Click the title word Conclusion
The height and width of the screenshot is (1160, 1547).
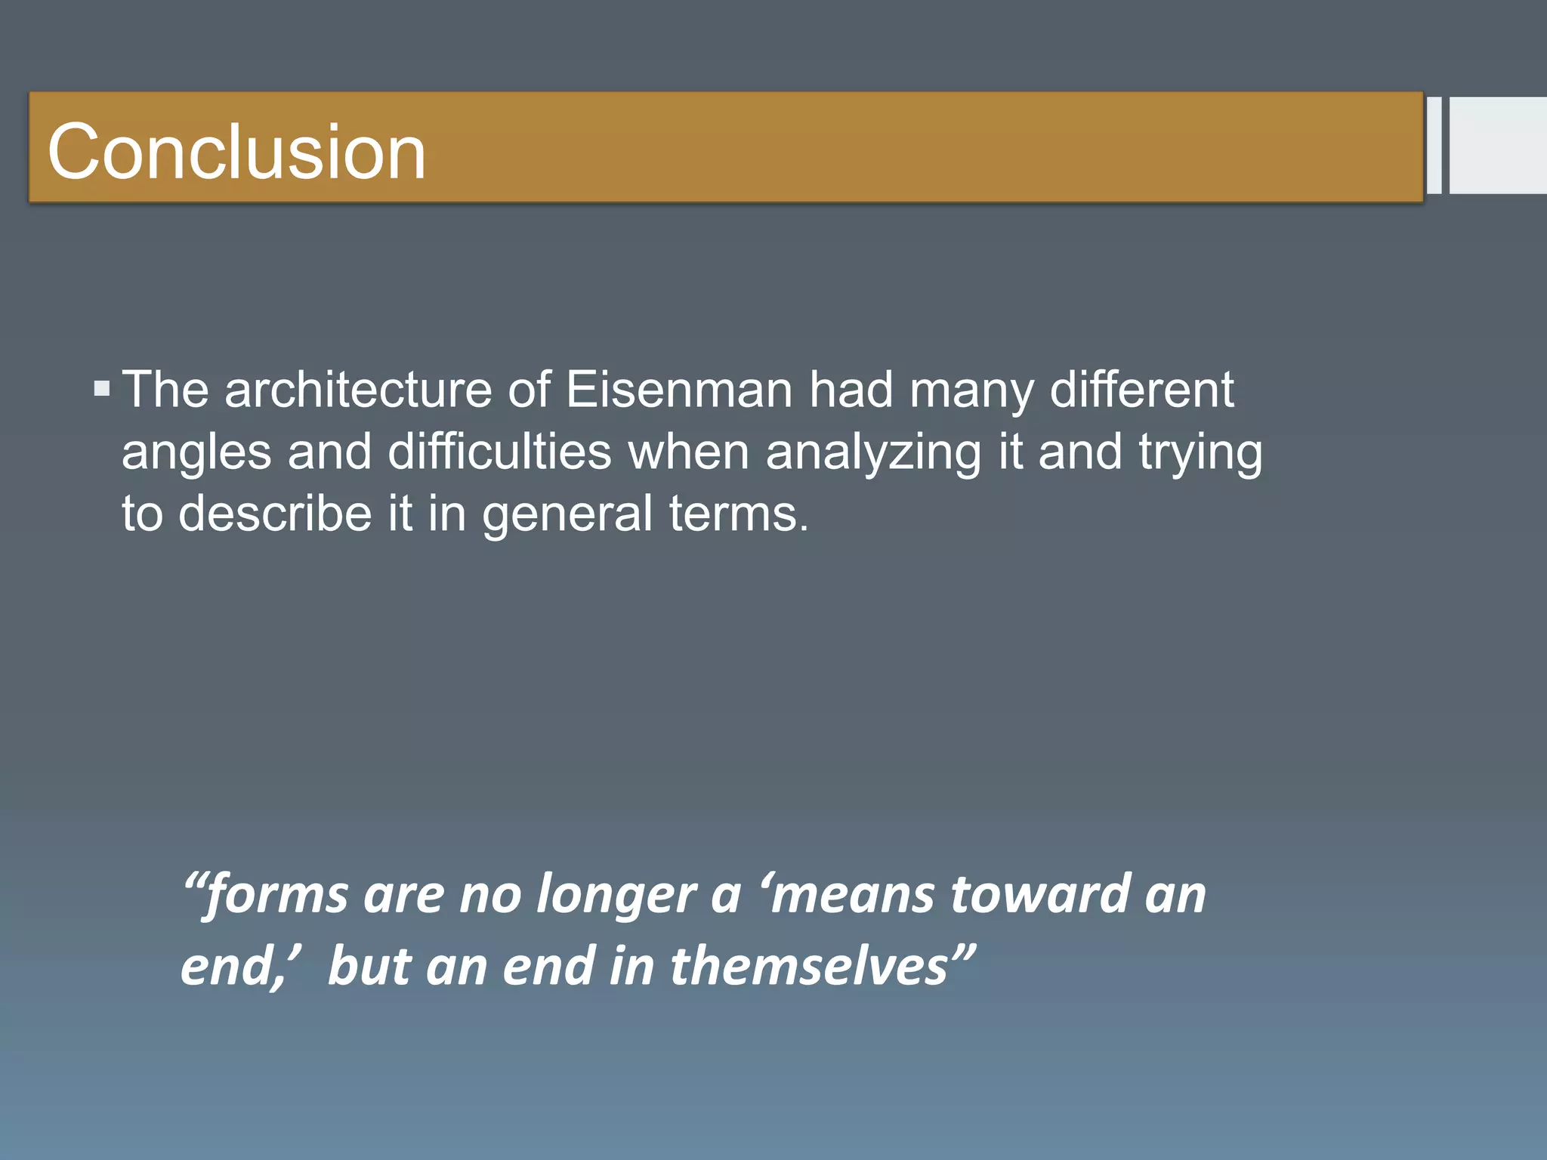(x=236, y=153)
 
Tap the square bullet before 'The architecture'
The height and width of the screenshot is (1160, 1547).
(x=102, y=390)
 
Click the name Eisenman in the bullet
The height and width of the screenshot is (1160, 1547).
(x=679, y=390)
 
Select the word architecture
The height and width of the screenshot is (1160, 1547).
(x=358, y=390)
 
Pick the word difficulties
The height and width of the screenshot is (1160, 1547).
(x=499, y=452)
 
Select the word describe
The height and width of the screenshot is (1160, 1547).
(x=275, y=514)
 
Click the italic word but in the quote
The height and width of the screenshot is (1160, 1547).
(x=369, y=966)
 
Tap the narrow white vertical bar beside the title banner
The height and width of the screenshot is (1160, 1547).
(x=1434, y=145)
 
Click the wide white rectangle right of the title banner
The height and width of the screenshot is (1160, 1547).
(x=1498, y=145)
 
